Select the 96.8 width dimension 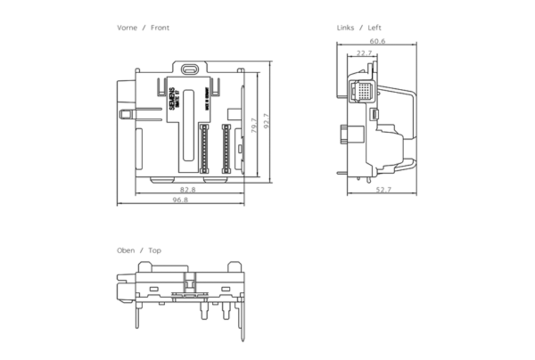click(180, 200)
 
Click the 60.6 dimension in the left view click(378, 41)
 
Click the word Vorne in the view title click(127, 28)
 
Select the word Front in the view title click(160, 28)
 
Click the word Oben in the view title click(126, 251)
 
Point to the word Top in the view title click(155, 251)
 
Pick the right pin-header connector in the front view click(226, 149)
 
